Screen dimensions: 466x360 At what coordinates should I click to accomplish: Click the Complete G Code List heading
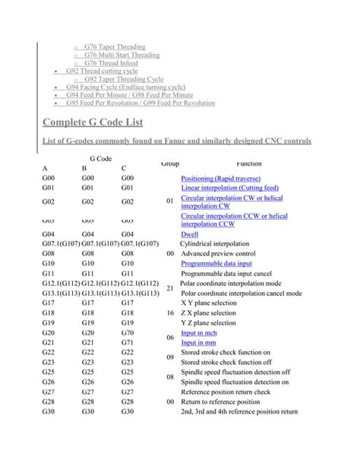point(92,122)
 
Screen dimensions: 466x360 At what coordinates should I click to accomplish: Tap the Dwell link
point(190,235)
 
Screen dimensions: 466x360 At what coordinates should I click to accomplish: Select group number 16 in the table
point(170,312)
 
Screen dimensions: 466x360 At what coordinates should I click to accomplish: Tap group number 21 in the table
point(170,288)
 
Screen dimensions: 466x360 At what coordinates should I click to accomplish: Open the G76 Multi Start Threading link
point(122,55)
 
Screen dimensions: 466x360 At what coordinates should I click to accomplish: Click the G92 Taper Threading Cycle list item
point(123,79)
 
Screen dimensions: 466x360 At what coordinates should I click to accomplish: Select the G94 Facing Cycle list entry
point(130,87)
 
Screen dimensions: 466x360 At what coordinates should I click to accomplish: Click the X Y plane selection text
point(209,303)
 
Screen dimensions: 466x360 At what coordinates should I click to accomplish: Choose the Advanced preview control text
point(224,253)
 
